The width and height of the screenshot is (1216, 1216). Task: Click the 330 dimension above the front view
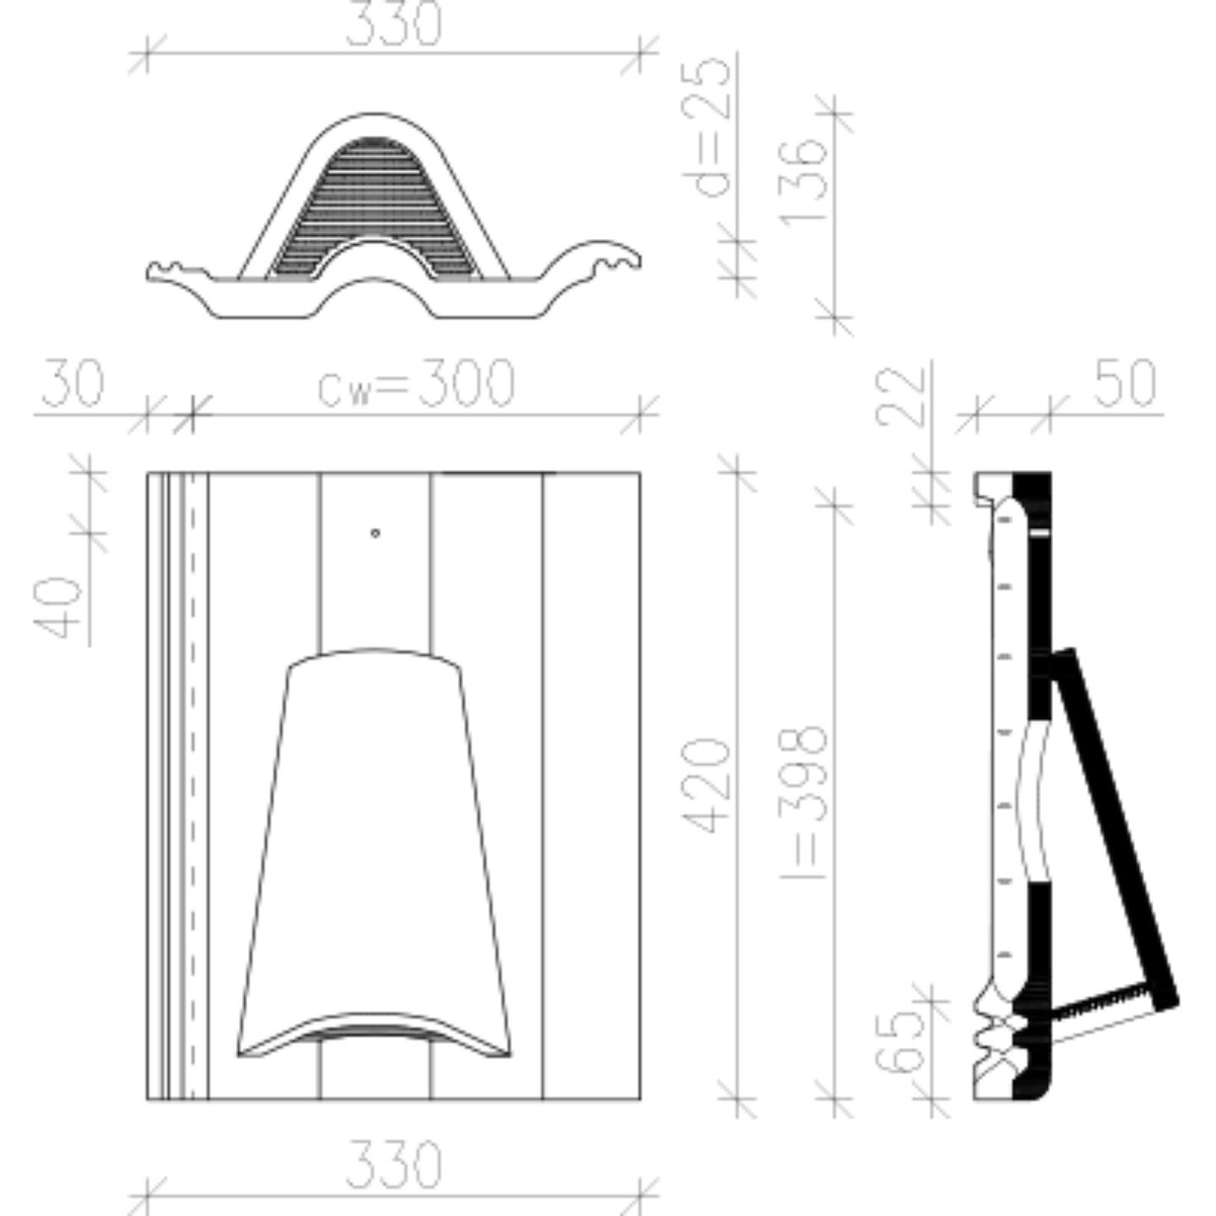(394, 24)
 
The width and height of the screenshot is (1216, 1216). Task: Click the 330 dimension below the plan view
(394, 1163)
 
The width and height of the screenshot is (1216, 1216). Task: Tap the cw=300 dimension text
(416, 383)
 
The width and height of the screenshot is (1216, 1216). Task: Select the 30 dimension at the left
(73, 383)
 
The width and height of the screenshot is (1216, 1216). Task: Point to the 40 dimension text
(57, 606)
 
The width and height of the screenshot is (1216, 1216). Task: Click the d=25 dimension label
(706, 127)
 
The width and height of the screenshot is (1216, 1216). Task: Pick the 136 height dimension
(803, 181)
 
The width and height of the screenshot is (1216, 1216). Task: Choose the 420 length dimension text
(706, 785)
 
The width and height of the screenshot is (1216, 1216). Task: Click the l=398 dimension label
(803, 803)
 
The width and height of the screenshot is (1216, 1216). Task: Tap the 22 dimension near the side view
(900, 396)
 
